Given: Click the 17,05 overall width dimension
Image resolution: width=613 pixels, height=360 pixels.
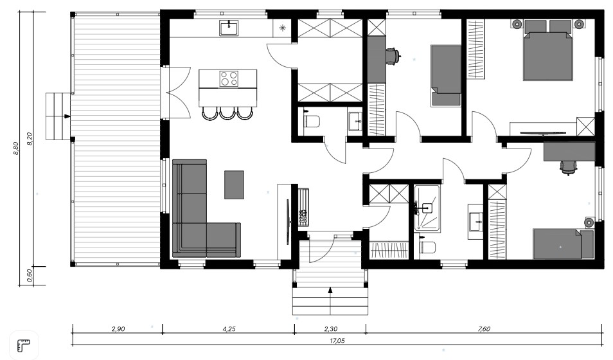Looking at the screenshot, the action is pyautogui.click(x=337, y=341).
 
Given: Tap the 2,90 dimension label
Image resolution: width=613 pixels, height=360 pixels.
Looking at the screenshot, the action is pyautogui.click(x=118, y=329).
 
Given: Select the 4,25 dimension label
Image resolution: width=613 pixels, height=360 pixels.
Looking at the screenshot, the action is pyautogui.click(x=229, y=329).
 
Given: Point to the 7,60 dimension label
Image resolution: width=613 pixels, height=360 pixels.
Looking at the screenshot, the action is pyautogui.click(x=484, y=329).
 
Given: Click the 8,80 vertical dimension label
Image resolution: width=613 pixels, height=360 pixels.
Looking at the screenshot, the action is pyautogui.click(x=16, y=148).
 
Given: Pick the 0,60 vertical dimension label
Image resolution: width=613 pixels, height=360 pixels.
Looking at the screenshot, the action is pyautogui.click(x=30, y=276).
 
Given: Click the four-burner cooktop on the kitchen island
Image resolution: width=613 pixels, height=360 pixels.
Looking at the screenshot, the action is pyautogui.click(x=229, y=78).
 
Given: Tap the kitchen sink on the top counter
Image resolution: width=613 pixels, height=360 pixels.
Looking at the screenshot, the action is pyautogui.click(x=229, y=28).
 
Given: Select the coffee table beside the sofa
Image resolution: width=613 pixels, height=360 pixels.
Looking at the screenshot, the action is pyautogui.click(x=234, y=184).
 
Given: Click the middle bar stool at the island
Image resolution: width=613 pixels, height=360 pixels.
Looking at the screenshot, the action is pyautogui.click(x=227, y=113).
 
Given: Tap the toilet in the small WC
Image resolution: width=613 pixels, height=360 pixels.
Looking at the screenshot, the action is pyautogui.click(x=311, y=120).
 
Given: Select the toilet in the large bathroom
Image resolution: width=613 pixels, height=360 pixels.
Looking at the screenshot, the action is pyautogui.click(x=427, y=246).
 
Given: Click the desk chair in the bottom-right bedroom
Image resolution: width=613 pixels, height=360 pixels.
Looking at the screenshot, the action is pyautogui.click(x=569, y=168).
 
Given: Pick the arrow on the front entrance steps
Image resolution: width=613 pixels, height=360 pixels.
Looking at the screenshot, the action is pyautogui.click(x=330, y=291).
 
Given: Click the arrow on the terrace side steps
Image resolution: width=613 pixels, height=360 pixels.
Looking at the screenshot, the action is pyautogui.click(x=67, y=116).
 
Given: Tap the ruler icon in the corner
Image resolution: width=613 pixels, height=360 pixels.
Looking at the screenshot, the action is pyautogui.click(x=24, y=345).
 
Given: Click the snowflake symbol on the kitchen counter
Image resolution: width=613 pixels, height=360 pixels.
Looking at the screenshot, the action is pyautogui.click(x=282, y=28).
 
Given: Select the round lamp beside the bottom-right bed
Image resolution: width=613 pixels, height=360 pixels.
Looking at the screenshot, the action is pyautogui.click(x=589, y=222).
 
